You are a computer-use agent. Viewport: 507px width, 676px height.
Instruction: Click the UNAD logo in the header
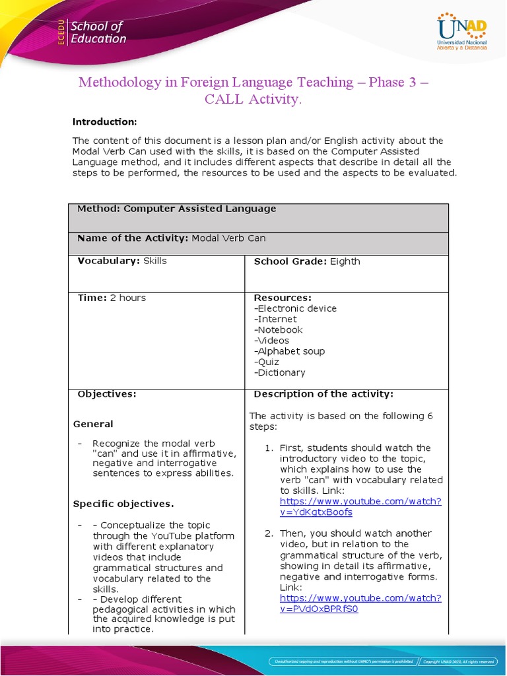pos(461,32)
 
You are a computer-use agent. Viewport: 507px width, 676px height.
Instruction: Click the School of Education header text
pos(98,32)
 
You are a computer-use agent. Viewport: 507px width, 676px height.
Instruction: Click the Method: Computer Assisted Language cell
pos(177,209)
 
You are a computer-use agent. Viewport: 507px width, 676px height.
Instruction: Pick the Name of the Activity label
pos(133,238)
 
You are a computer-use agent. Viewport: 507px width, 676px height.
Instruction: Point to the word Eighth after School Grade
pos(345,261)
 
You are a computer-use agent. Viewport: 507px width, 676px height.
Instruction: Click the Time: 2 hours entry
pos(112,298)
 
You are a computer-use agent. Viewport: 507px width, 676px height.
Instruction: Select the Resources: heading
pos(283,298)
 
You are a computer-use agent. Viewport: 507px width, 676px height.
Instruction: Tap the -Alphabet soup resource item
pos(289,351)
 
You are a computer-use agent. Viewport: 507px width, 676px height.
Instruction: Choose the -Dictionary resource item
pos(279,372)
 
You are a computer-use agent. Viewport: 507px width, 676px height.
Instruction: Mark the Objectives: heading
pos(107,394)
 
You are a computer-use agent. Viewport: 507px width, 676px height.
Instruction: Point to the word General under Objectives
pos(93,424)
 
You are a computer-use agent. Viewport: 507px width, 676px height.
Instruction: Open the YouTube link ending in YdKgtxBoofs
pos(360,506)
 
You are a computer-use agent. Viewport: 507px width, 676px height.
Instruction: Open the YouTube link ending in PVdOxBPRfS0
pos(360,603)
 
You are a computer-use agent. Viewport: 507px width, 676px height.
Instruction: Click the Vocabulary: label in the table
pos(108,261)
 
